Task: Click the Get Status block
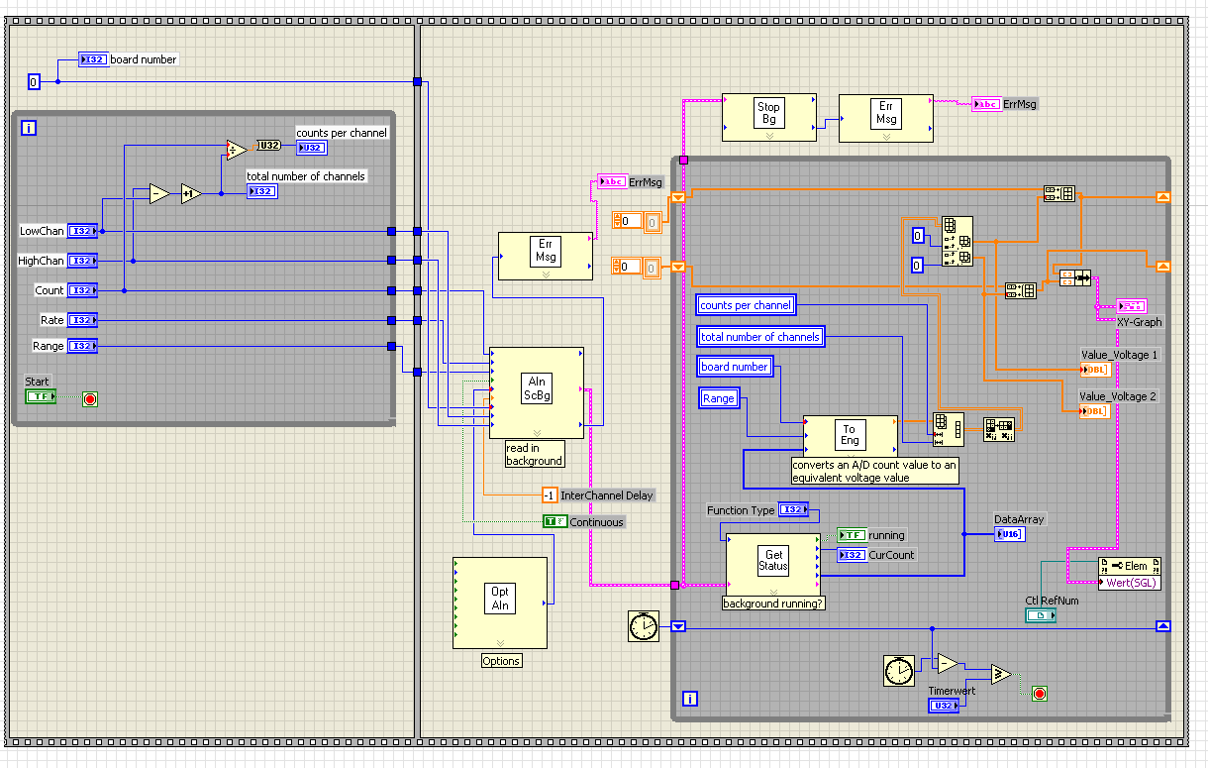(x=773, y=561)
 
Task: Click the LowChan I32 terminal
(x=82, y=231)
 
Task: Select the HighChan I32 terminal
(x=82, y=261)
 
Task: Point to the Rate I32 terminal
(x=82, y=320)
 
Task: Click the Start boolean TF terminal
(x=41, y=396)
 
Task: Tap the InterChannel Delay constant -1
(x=550, y=495)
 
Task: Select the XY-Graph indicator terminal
(x=1132, y=305)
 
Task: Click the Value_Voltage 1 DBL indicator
(x=1095, y=370)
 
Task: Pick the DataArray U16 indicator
(x=1009, y=534)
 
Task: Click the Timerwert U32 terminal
(x=943, y=706)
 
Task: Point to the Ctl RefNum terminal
(x=1040, y=615)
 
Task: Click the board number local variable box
(x=735, y=367)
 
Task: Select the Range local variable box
(x=719, y=398)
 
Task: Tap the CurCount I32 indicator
(x=852, y=555)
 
